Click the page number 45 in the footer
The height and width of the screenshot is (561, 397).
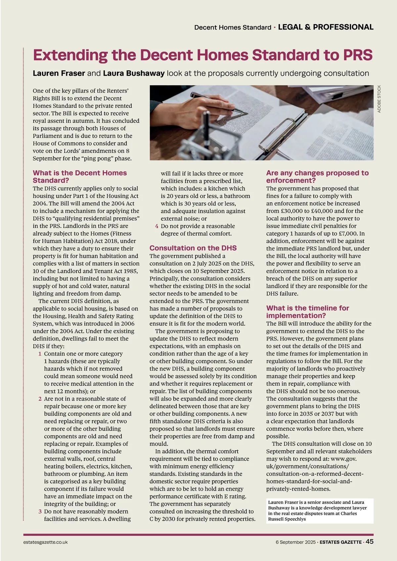click(370, 541)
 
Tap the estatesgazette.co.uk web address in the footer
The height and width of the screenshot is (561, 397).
click(46, 542)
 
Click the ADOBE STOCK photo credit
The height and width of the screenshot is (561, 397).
click(379, 99)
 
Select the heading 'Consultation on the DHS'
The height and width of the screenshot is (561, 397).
click(193, 248)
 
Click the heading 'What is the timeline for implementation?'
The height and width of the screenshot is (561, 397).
click(307, 312)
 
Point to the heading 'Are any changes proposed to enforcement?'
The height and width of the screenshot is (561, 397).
click(317, 177)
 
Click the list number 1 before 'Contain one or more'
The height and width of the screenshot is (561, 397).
click(40, 354)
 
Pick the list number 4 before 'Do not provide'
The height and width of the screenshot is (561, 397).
click(157, 226)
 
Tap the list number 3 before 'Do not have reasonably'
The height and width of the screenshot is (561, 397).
click(40, 511)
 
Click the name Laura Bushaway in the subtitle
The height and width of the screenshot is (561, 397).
click(134, 73)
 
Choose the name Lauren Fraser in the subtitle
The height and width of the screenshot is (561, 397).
click(59, 73)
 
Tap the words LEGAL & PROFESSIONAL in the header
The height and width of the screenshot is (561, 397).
click(326, 27)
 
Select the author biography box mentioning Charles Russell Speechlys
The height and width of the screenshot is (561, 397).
click(320, 511)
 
